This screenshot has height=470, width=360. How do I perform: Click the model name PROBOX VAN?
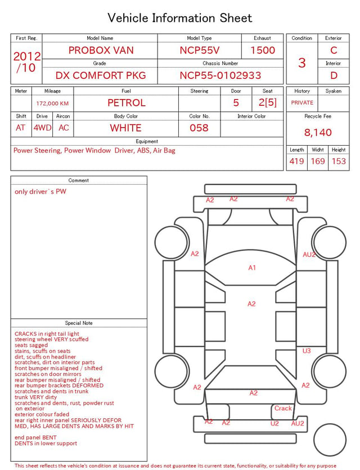point(101,50)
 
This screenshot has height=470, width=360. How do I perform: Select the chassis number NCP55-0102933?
point(220,75)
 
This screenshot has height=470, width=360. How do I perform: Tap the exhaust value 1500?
point(263,50)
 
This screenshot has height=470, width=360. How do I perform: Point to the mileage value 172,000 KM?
point(52,104)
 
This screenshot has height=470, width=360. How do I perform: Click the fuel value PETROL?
point(127,103)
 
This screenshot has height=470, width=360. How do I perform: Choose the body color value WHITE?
point(125,128)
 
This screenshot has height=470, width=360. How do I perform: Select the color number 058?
point(199,128)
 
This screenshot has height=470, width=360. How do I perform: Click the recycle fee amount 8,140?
point(318,132)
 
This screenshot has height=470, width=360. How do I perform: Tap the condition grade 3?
point(302,63)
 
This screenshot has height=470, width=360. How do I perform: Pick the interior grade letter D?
point(334,75)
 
